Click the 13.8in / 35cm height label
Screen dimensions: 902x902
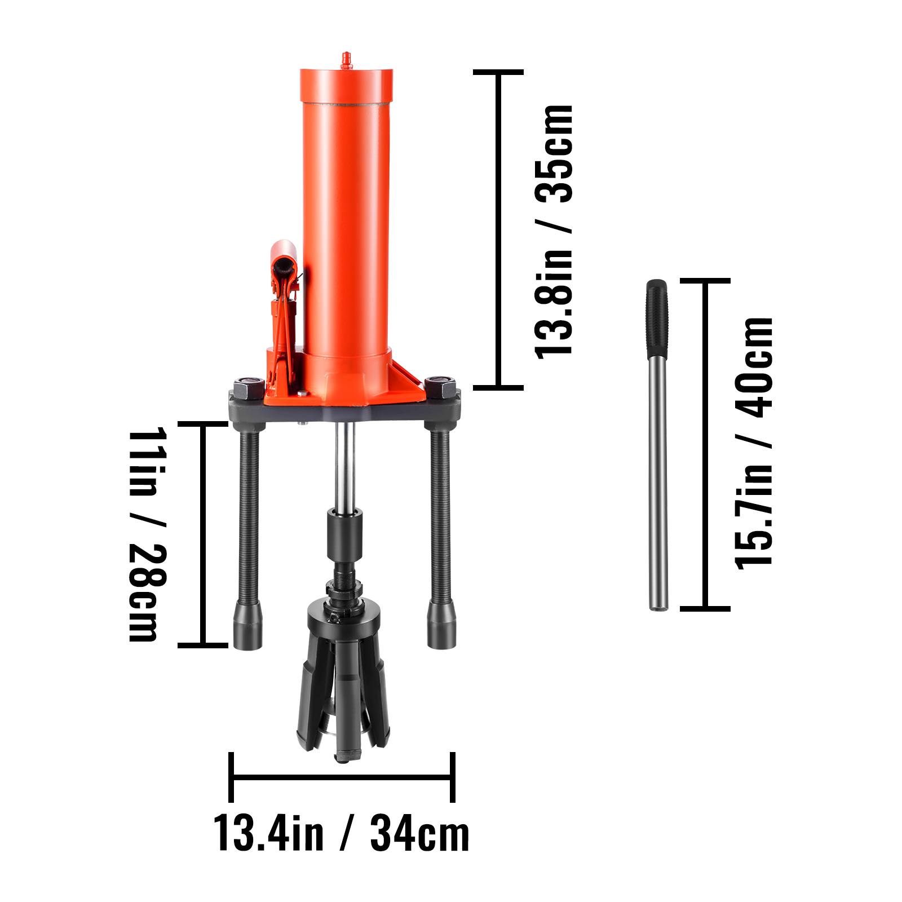click(554, 231)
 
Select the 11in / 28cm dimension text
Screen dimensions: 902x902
click(148, 534)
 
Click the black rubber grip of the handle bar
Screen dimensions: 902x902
click(657, 319)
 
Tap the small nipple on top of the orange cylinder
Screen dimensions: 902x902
click(346, 60)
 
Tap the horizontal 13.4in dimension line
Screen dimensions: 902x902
click(342, 777)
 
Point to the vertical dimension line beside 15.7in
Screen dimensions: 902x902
click(705, 444)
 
